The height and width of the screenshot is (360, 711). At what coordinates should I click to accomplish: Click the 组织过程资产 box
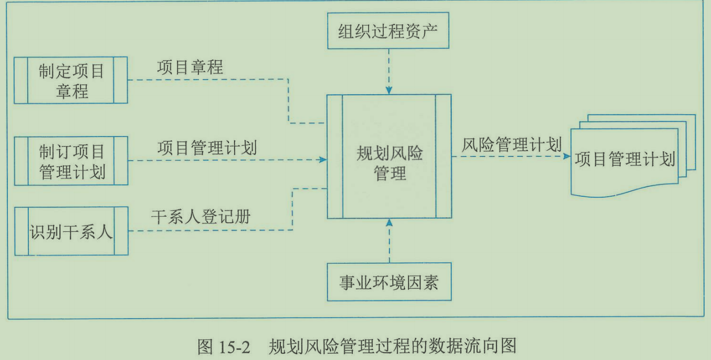[x=389, y=30]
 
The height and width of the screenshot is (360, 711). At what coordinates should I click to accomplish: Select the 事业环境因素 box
[x=389, y=283]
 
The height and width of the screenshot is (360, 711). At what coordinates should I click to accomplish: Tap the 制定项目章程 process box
[x=71, y=80]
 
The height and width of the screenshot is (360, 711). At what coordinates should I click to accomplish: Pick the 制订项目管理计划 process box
[x=71, y=161]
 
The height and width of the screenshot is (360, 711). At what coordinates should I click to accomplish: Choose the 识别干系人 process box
[x=71, y=231]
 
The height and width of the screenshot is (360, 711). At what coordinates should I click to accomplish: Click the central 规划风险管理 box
[x=389, y=156]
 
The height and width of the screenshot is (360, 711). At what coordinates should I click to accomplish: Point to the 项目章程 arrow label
[x=190, y=67]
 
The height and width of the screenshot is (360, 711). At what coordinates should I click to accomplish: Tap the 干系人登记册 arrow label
[x=201, y=216]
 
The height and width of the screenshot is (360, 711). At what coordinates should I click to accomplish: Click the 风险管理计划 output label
[x=512, y=144]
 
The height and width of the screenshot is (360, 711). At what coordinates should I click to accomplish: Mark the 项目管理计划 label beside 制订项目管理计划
[x=207, y=148]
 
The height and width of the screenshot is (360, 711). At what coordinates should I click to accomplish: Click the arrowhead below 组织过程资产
[x=389, y=90]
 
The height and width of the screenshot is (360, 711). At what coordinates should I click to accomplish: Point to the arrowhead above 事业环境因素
[x=389, y=223]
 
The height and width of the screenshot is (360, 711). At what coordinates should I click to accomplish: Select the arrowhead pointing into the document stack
[x=566, y=156]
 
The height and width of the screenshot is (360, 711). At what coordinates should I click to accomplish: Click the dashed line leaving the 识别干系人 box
[x=209, y=230]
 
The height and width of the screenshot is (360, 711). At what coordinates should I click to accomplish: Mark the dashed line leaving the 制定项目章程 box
[x=209, y=80]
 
